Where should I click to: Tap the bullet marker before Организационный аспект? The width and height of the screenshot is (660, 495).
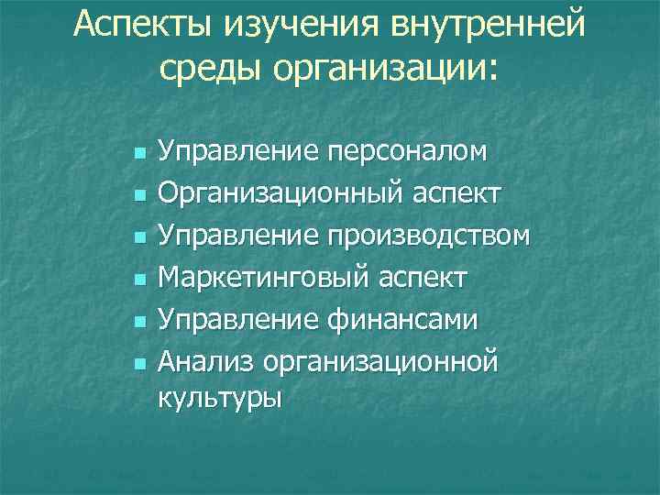pos(138,194)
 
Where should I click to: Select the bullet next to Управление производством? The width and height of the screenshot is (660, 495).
pos(138,236)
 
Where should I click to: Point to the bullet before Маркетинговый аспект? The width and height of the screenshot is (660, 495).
pos(138,279)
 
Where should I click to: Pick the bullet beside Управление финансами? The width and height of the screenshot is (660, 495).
pos(138,321)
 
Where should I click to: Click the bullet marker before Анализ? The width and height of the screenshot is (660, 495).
pos(138,363)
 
